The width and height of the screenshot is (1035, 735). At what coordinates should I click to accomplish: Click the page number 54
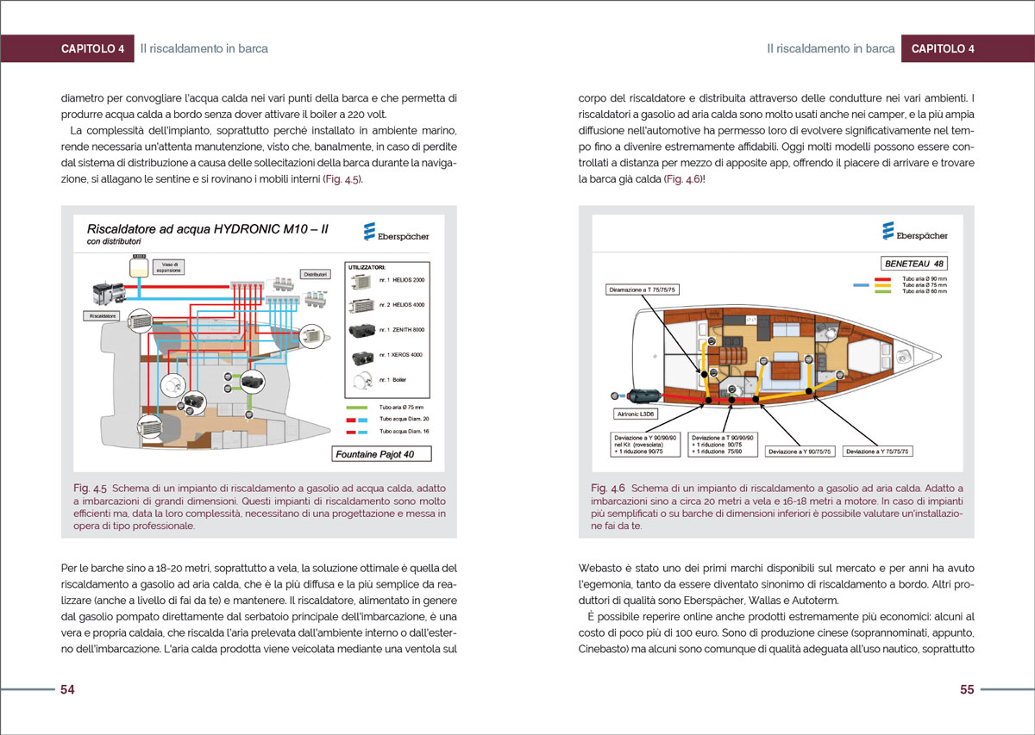[67, 690]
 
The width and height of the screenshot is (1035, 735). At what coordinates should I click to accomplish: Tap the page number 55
[967, 690]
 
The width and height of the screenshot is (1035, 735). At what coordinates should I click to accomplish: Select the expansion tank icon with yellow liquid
[136, 266]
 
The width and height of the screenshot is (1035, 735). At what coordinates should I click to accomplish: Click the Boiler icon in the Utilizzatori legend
[362, 379]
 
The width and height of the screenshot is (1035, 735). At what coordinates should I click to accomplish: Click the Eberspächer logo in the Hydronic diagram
[396, 233]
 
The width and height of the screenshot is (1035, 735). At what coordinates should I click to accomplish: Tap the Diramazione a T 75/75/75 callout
[643, 290]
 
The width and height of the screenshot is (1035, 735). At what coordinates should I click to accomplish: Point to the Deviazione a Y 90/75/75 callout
[798, 451]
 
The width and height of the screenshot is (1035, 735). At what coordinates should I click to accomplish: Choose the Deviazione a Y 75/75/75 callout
[878, 451]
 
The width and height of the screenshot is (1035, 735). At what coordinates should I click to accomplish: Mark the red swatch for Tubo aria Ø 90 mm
[882, 279]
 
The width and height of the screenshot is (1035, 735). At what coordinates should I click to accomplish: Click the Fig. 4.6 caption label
[608, 488]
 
